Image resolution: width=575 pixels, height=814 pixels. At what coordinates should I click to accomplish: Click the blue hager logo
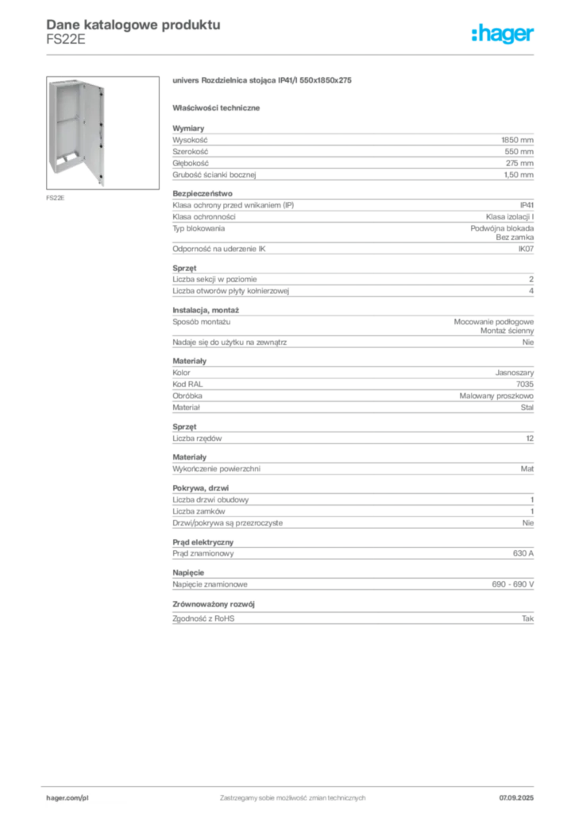click(x=504, y=35)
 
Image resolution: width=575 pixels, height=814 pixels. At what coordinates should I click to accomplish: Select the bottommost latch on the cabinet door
click(x=101, y=177)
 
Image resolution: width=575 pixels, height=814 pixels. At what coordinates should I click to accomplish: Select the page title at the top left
click(x=131, y=24)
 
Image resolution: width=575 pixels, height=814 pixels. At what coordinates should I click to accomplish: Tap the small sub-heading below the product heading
click(x=219, y=107)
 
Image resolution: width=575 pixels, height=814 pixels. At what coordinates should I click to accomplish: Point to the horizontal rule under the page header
click(x=292, y=53)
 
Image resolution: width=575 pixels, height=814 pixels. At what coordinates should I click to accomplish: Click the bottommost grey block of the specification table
click(x=353, y=619)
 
